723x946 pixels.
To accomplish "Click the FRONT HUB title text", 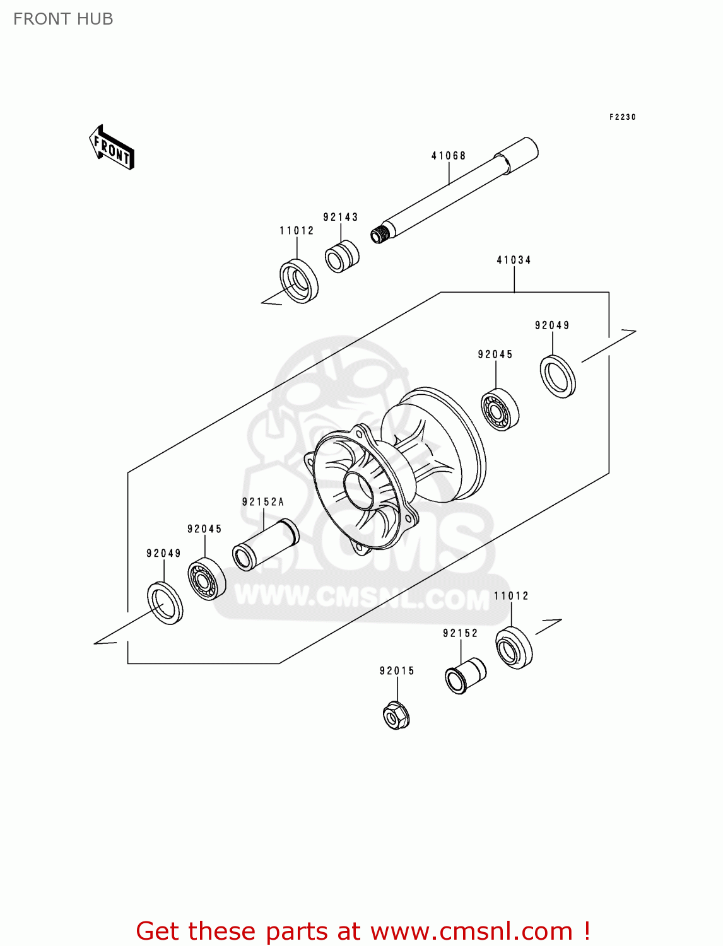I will pos(63,19).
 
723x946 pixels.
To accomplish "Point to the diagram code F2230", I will pos(622,117).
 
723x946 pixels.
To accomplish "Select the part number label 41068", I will pos(449,156).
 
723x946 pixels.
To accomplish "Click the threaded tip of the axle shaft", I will pos(379,235).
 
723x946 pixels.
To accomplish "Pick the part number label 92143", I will pos(341,217).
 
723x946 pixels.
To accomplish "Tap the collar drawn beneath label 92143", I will pos(342,256).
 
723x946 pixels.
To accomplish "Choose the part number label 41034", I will pos(514,260).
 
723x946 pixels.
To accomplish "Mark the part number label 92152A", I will pos(263,502).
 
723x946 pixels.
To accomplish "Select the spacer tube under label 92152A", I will pos(265,544).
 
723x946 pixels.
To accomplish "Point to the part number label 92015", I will pos(397,671).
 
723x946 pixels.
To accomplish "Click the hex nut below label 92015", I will pos(396,715).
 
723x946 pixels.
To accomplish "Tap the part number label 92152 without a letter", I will pos(460,633).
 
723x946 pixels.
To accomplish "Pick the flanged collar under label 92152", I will pos(465,675).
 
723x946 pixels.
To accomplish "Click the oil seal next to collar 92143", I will pos(299,281).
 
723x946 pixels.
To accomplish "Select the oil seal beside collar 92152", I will pos(514,648).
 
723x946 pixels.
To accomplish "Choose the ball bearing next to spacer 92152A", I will pos(206,579).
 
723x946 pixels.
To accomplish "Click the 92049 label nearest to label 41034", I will pos(552,325).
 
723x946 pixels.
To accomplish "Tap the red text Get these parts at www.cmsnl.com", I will pos(363,931).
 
